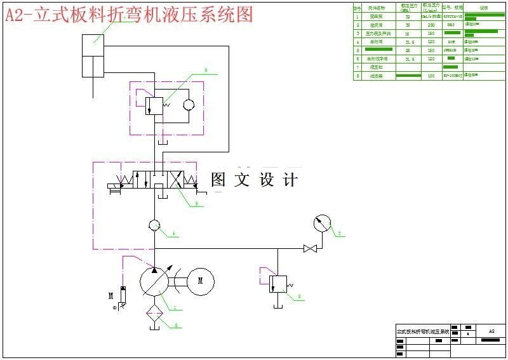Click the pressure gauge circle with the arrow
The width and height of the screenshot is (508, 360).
pyautogui.click(x=323, y=224)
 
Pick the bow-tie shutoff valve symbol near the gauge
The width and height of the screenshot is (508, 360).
pyautogui.click(x=310, y=248)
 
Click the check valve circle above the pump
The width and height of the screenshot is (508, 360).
pyautogui.click(x=154, y=225)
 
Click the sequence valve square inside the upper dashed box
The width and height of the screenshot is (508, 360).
pyautogui.click(x=154, y=105)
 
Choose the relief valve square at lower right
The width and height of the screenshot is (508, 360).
pyautogui.click(x=279, y=283)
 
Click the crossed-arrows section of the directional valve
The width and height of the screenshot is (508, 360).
pyautogui.click(x=190, y=180)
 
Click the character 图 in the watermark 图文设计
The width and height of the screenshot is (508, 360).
pyautogui.click(x=218, y=180)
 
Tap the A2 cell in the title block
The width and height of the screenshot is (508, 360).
pyautogui.click(x=491, y=331)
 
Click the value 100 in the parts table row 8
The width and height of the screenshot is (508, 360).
pyautogui.click(x=431, y=76)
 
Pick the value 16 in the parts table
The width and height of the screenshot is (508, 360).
pyautogui.click(x=407, y=33)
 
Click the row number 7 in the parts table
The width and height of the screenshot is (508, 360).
pyautogui.click(x=358, y=67)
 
